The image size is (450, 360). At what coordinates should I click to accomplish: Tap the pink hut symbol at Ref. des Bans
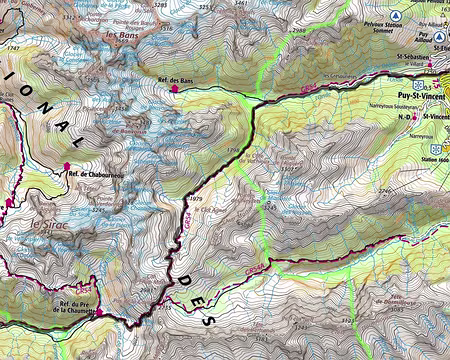click(175, 89)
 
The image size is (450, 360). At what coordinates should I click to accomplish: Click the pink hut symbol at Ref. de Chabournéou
click(67, 167)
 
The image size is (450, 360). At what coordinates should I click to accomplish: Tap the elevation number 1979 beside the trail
click(195, 199)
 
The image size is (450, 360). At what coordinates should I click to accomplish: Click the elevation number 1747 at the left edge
click(11, 47)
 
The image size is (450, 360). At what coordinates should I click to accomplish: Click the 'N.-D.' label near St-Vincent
click(405, 117)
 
